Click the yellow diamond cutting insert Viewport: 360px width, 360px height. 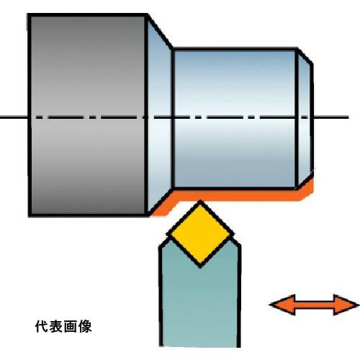click(x=200, y=234)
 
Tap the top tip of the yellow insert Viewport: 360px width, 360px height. click(x=200, y=201)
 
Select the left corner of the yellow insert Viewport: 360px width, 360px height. click(x=166, y=234)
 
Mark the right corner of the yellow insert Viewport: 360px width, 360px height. click(x=234, y=233)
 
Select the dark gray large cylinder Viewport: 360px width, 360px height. click(x=88, y=115)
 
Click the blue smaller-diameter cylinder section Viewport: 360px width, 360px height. click(x=234, y=119)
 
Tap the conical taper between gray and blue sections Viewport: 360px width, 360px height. click(x=159, y=117)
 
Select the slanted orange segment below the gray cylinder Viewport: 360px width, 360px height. click(x=163, y=206)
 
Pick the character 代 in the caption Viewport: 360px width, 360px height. click(x=42, y=326)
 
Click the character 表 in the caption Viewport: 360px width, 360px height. click(x=56, y=326)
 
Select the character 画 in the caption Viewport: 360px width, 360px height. click(x=71, y=326)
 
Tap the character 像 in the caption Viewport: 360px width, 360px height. click(x=85, y=326)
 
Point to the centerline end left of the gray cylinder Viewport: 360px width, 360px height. click(x=1, y=117)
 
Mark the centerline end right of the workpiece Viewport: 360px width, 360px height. click(x=348, y=117)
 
